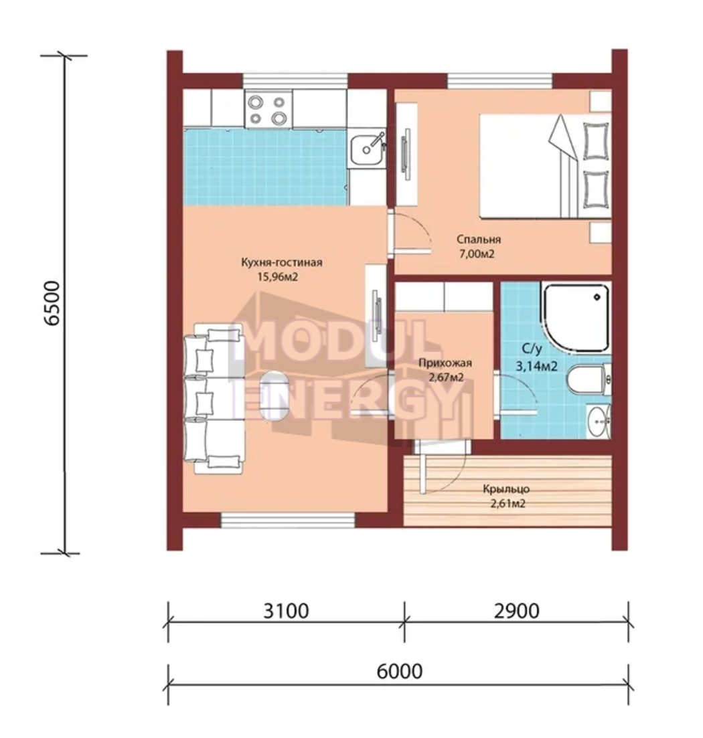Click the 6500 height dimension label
tap(52, 303)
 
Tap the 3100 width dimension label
tap(286, 611)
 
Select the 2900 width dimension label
tap(516, 611)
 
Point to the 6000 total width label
tap(399, 671)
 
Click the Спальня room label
tap(479, 239)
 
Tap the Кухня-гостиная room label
tap(282, 262)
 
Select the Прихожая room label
tap(445, 363)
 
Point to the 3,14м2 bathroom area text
tap(537, 366)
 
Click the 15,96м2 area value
tap(278, 277)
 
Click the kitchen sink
tap(366, 148)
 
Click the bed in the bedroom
tap(545, 166)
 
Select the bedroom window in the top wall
tap(499, 80)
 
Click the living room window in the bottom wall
tap(288, 520)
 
